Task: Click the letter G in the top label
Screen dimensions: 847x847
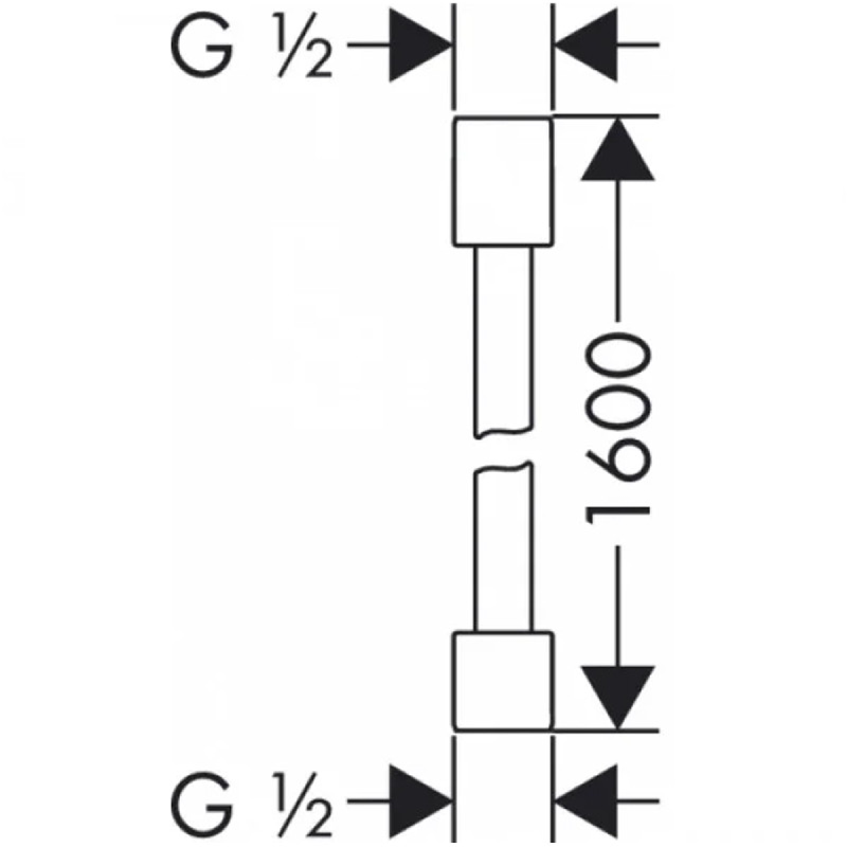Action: point(200,45)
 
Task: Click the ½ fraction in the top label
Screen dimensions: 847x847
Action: point(302,45)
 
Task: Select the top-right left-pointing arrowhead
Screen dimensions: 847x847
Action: point(587,45)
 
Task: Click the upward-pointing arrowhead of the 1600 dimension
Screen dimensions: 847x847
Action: point(618,149)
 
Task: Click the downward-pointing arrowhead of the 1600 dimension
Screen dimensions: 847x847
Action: point(618,698)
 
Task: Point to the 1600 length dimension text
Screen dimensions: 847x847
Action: point(617,433)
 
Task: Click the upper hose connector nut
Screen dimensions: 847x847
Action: point(503,181)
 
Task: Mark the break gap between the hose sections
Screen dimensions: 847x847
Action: point(504,450)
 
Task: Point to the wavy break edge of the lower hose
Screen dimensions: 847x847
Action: point(504,468)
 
